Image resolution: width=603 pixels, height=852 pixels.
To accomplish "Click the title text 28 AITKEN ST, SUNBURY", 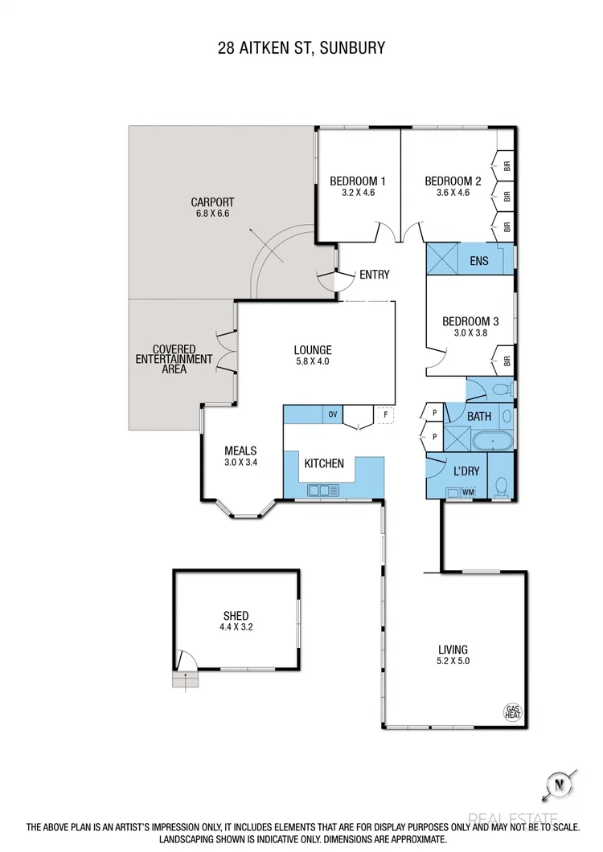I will click(x=301, y=48).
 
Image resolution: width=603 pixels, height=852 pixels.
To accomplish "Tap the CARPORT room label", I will click(x=212, y=202).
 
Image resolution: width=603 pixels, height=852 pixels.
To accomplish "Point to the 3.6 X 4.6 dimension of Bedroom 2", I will click(x=453, y=193).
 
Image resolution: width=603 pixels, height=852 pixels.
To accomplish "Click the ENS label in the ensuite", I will click(x=478, y=260).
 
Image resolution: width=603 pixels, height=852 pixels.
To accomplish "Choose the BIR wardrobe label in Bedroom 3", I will click(x=507, y=361).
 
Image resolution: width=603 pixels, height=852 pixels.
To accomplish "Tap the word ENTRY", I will click(x=374, y=275).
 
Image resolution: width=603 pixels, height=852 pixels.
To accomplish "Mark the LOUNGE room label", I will click(x=313, y=350).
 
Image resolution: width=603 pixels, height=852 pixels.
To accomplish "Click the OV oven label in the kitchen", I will click(x=332, y=414).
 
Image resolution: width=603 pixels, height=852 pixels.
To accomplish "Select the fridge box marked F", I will click(x=386, y=415).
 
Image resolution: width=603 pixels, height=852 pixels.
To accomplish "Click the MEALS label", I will click(x=240, y=450).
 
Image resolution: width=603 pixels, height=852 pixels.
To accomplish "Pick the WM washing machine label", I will click(x=468, y=491).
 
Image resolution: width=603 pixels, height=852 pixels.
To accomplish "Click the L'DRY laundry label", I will click(x=466, y=471).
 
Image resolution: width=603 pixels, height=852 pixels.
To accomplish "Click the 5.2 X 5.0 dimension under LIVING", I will click(x=453, y=662).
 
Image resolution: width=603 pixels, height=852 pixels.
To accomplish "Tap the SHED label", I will click(x=236, y=616).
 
